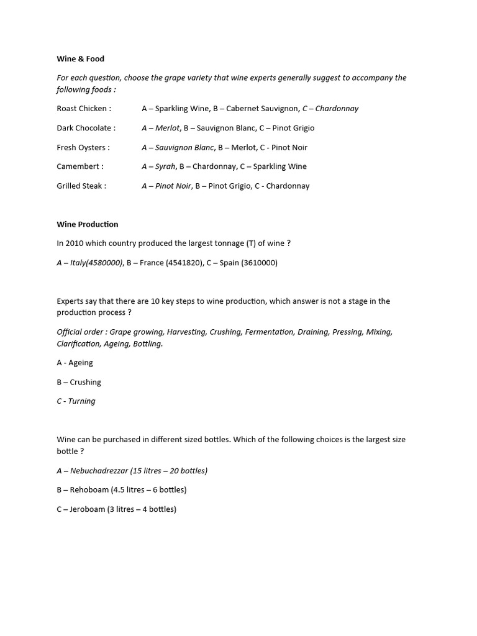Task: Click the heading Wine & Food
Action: point(80,59)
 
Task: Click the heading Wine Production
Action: point(87,224)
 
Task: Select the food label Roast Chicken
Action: point(83,109)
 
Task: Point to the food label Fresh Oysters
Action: point(83,147)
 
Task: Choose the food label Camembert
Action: point(79,166)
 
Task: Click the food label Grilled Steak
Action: point(81,186)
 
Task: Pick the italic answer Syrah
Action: point(166,166)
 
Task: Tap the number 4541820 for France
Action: point(184,263)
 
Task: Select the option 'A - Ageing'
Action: point(75,363)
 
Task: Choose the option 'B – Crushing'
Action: point(78,382)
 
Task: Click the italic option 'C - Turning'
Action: point(76,401)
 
